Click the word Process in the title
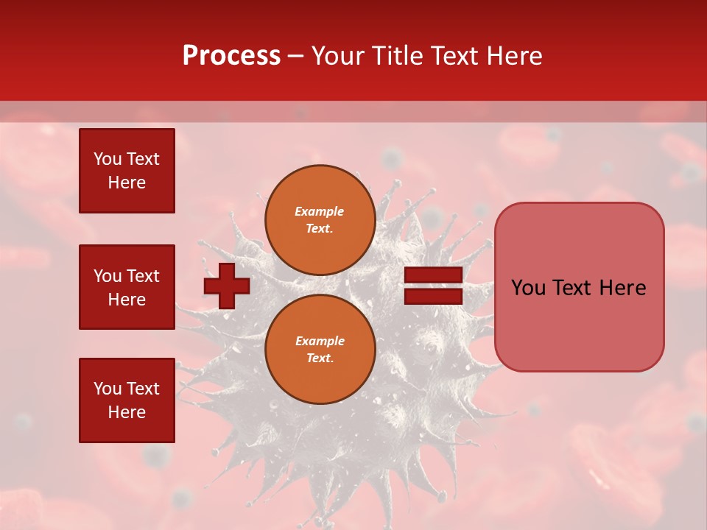pos(231,56)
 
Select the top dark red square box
pos(127,171)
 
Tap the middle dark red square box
pos(127,287)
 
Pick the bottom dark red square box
pos(127,400)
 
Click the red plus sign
pos(227,286)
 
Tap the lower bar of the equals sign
pos(433,296)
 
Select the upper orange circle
pos(320,220)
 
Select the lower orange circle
pos(320,349)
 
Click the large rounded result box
pos(579,287)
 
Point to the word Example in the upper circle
pos(320,211)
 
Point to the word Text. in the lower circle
pos(320,358)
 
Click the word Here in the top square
pos(127,183)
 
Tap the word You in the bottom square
pos(107,388)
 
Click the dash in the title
pos(296,57)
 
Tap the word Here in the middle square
pos(127,300)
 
